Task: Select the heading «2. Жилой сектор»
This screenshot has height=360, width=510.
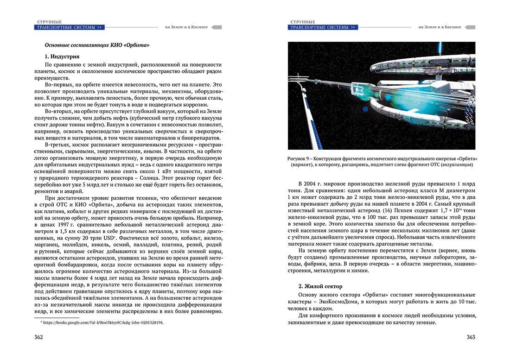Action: pos(320,286)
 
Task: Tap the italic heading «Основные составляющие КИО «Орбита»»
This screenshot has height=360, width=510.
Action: pos(96,45)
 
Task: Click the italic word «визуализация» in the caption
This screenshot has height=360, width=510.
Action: pos(456,165)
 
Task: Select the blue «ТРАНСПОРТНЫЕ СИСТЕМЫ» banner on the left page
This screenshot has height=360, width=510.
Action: pos(69,27)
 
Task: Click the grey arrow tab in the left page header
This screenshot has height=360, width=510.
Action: pos(217,27)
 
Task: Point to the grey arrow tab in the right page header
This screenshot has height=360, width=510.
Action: pos(470,27)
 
